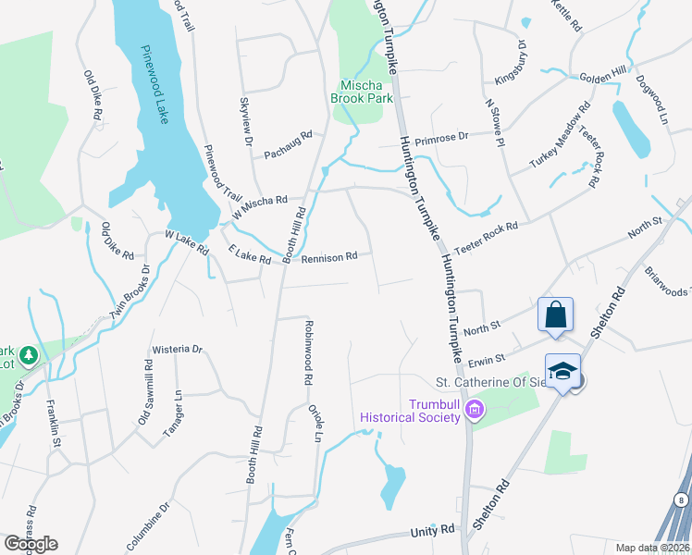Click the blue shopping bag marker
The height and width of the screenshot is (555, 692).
(555, 314)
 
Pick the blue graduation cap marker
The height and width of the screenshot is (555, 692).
(562, 371)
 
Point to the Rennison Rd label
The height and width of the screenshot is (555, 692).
(328, 256)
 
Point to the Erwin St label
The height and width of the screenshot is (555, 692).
(486, 358)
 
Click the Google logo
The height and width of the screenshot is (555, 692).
(31, 544)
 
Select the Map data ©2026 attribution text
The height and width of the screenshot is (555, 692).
(653, 548)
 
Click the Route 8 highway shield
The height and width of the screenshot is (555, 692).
(681, 500)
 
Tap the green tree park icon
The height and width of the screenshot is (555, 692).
(29, 354)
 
